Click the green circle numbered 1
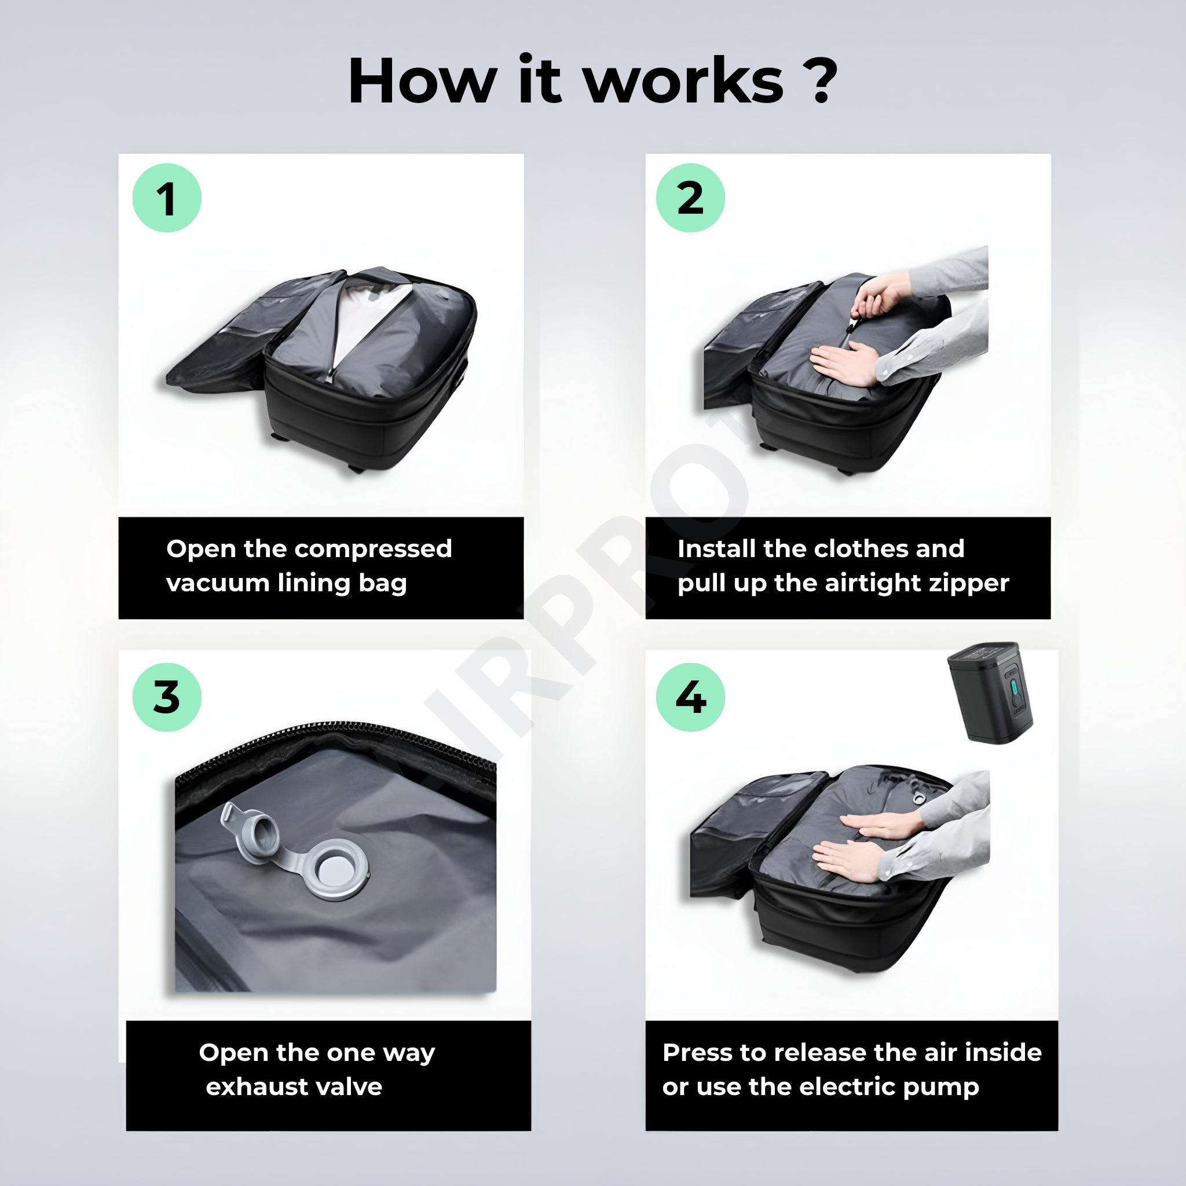167,197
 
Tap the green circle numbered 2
691,197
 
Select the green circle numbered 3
167,697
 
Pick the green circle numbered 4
691,697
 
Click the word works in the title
683,81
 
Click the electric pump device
990,693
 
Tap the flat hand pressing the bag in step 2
847,363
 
